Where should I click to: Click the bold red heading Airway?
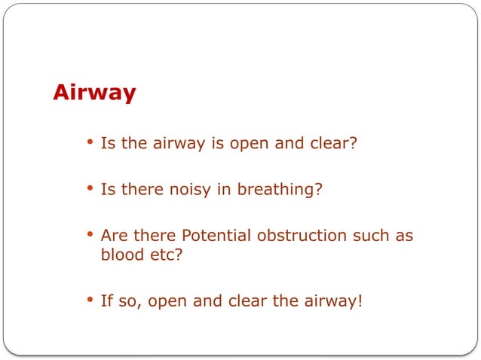click(94, 93)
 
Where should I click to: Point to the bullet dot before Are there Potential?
click(90, 235)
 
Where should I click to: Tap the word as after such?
click(404, 235)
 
